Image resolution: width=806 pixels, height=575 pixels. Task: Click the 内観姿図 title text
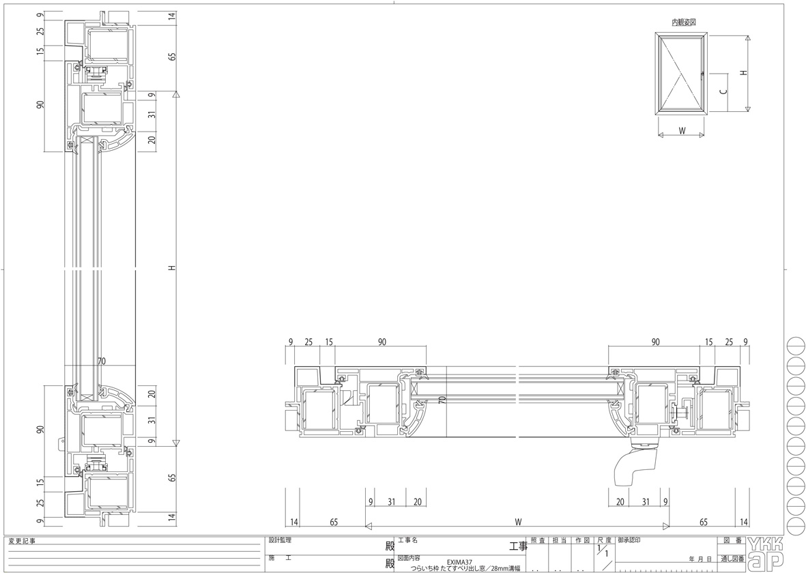point(684,23)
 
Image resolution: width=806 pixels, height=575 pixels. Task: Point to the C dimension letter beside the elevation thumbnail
point(723,91)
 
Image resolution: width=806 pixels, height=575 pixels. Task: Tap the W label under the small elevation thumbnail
point(682,130)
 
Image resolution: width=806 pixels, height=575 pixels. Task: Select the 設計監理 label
point(280,541)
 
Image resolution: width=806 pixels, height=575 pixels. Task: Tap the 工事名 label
point(407,541)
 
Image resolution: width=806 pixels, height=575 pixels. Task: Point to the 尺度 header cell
point(605,541)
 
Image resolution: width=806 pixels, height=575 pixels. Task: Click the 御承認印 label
point(629,541)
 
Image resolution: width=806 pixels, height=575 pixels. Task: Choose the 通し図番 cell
point(732,559)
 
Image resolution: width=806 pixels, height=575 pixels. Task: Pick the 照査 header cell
point(537,541)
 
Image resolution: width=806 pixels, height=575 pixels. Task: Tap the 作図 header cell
point(583,541)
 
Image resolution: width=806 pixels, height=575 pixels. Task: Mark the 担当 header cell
point(560,541)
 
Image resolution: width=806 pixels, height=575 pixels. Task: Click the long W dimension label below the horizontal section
point(518,522)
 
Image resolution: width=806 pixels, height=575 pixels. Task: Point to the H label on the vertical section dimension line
point(172,267)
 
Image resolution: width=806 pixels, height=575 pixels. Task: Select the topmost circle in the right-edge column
point(795,344)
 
